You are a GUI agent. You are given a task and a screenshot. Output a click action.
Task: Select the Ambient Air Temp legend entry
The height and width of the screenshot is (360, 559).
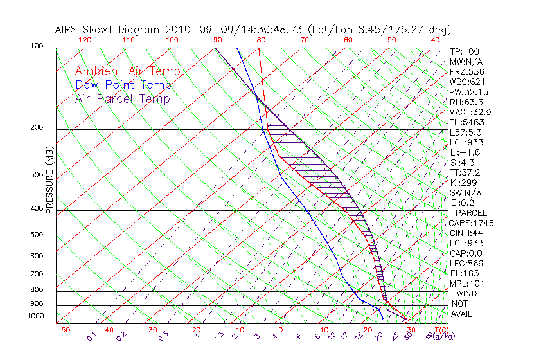[x=127, y=71]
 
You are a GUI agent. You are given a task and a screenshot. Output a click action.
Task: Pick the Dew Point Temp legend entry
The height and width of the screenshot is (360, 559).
[x=123, y=85]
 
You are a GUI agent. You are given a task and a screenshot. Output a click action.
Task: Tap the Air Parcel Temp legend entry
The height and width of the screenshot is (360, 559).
[x=123, y=98]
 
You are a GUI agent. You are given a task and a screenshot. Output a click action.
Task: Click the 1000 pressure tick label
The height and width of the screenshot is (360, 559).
[x=37, y=316]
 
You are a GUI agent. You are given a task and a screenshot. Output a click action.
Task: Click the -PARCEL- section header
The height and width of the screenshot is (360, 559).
[x=471, y=213]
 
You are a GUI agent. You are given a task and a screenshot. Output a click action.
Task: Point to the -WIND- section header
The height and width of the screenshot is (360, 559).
[x=466, y=293]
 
